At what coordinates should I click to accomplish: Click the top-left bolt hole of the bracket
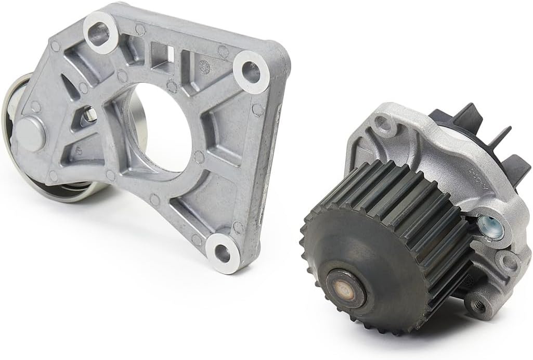tap(100, 32)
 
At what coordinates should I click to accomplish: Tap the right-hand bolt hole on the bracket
tap(251, 73)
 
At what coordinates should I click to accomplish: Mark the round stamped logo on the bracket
tap(204, 66)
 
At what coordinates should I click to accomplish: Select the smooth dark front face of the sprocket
tap(364, 260)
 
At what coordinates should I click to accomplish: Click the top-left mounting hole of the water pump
tap(384, 123)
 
